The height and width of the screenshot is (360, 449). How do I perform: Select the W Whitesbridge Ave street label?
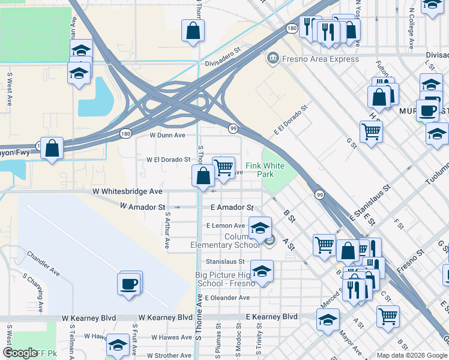point(127,191)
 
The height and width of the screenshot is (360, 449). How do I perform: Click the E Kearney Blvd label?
point(271,316)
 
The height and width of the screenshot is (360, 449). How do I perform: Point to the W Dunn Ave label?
point(163,135)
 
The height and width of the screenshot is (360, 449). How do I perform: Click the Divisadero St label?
point(222,57)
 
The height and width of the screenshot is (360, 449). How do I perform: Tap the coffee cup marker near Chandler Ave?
point(130,283)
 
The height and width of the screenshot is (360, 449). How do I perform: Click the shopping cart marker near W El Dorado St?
point(223,167)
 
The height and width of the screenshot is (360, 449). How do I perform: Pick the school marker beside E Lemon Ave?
point(260,228)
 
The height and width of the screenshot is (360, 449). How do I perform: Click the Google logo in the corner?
point(20,353)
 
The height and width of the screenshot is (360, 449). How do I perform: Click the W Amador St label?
point(142,206)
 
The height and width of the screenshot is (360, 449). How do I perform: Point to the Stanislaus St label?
point(225,262)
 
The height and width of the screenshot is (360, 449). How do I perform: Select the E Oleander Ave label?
point(227,298)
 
